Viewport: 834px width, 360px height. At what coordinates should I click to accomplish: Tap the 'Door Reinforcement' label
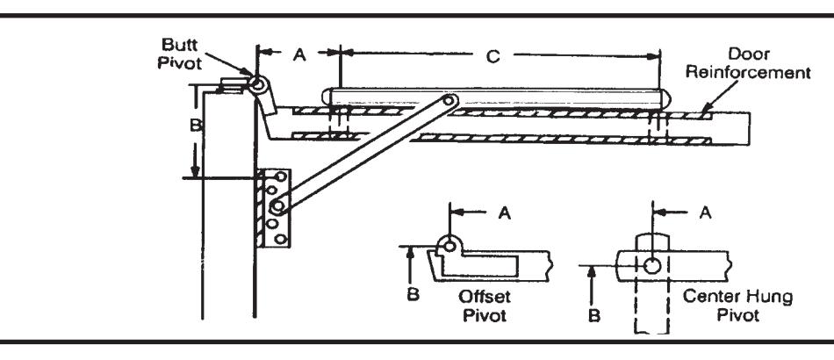748,63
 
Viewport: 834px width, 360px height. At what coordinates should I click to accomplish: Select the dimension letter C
493,56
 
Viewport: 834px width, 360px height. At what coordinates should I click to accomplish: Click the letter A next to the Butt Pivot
300,54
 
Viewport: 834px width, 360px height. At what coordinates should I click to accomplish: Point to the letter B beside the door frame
196,125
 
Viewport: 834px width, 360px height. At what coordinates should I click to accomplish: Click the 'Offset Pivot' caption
484,306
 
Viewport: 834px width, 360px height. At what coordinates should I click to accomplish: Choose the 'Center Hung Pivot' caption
737,306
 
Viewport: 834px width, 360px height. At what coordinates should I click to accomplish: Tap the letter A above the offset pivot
504,212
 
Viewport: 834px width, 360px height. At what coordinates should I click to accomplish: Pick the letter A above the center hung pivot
705,212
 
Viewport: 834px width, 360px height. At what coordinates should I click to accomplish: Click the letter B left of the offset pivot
413,294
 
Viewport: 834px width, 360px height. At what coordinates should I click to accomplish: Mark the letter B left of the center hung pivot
594,316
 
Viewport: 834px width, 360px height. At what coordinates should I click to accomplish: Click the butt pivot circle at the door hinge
257,84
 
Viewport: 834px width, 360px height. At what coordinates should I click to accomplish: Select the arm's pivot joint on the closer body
449,100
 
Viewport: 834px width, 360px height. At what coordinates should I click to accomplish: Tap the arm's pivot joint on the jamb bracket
277,205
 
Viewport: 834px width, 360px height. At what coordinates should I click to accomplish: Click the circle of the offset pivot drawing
450,246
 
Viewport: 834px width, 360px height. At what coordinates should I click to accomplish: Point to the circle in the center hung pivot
652,265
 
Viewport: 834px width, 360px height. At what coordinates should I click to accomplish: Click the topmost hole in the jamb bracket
281,176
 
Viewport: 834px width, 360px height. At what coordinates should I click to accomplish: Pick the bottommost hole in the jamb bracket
282,240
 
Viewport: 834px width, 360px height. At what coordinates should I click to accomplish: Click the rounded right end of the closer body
665,98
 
